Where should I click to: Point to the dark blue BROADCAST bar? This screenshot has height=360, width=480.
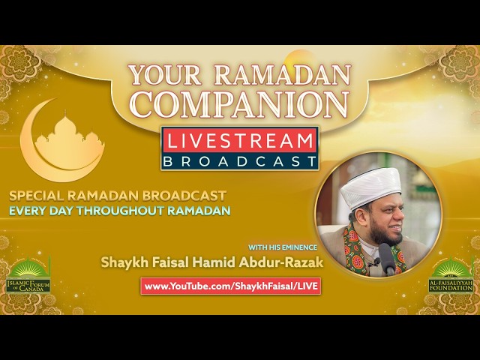tap(239, 160)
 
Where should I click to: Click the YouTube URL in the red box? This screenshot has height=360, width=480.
tap(231, 286)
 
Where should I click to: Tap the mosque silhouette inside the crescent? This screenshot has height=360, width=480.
tap(68, 138)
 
